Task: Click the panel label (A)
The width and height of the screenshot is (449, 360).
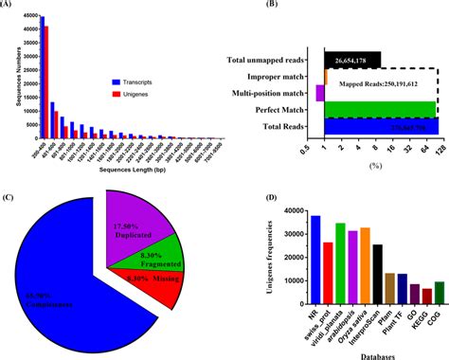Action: click(x=10, y=7)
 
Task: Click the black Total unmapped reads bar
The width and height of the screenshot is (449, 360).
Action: click(x=351, y=61)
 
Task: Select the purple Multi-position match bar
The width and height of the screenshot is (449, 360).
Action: click(x=319, y=93)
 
